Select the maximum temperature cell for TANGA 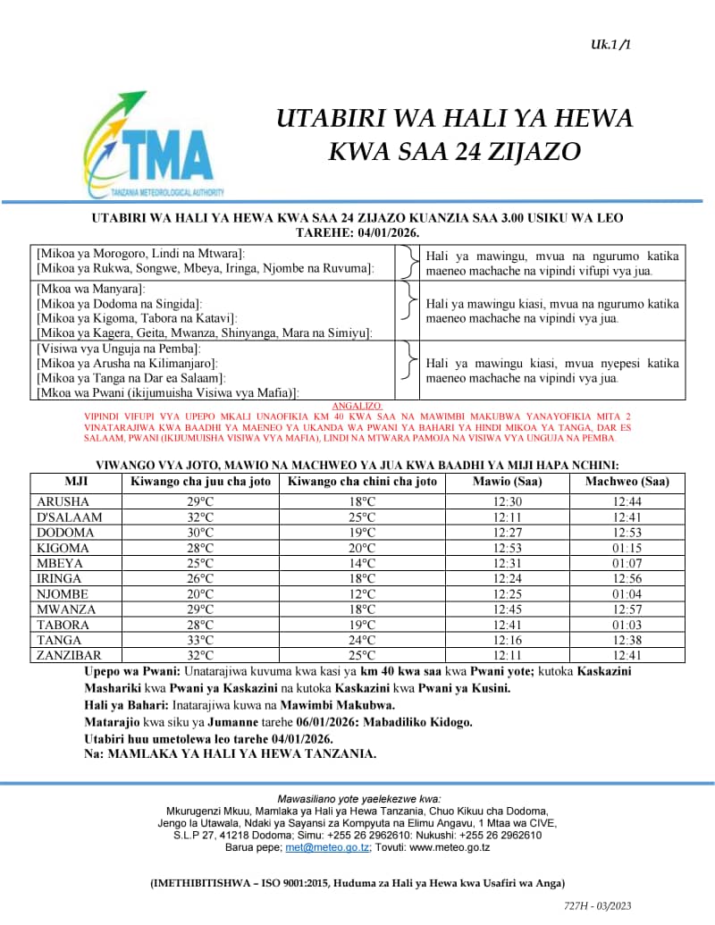[200, 640]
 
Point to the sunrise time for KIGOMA [507, 548]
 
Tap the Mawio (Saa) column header [507, 482]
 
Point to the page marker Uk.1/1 [610, 44]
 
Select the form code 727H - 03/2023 [598, 905]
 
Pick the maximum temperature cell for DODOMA [200, 533]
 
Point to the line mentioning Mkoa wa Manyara [90, 290]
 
